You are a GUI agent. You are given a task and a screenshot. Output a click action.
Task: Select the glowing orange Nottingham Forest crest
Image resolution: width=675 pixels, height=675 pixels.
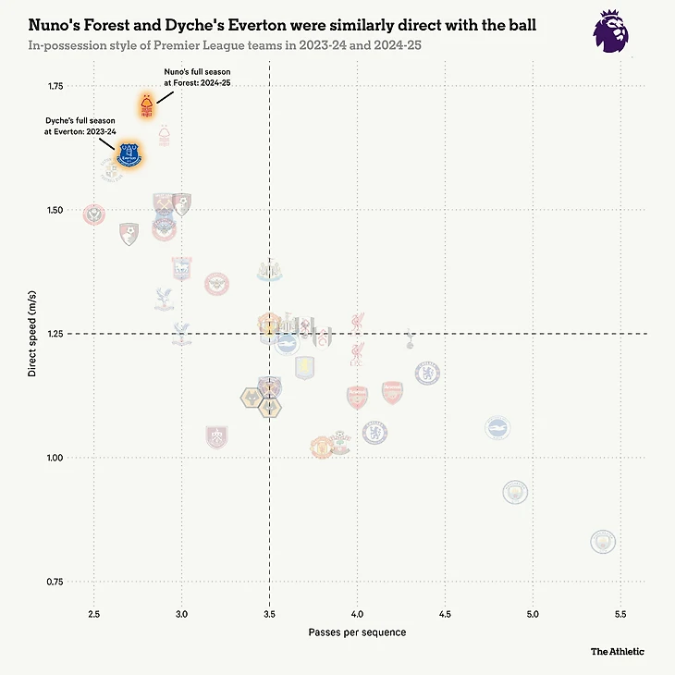point(146,105)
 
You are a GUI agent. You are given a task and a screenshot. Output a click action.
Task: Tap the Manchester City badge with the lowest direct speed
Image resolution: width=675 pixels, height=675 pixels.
point(602,540)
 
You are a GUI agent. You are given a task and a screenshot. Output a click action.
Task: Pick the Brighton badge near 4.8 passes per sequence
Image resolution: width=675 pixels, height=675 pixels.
point(497,427)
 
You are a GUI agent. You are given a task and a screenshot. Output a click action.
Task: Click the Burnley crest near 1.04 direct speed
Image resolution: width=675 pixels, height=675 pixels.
point(216,436)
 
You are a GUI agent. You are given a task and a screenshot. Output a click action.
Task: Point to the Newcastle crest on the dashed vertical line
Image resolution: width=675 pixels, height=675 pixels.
point(269,271)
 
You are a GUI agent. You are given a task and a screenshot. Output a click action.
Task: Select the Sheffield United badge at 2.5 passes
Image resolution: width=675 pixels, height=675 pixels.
point(93,215)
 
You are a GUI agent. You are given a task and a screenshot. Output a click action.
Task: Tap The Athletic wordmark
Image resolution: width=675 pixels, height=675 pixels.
point(618,651)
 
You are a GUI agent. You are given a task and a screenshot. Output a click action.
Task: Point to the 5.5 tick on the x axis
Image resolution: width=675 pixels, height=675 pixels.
point(620,614)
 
